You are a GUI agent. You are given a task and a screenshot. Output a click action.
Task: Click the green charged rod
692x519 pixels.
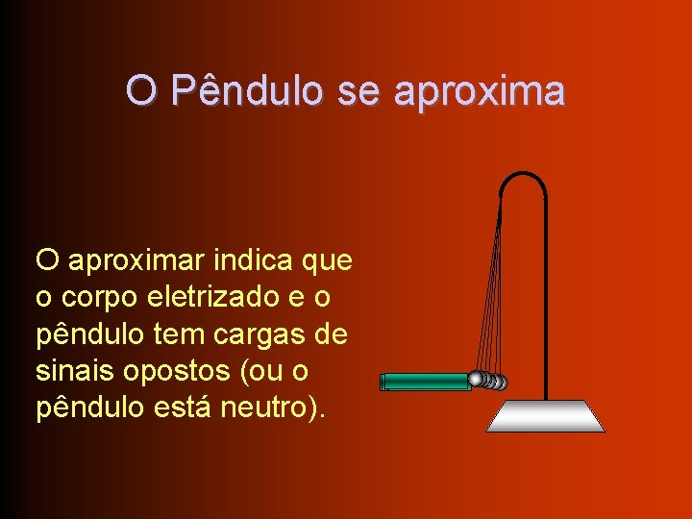(x=425, y=382)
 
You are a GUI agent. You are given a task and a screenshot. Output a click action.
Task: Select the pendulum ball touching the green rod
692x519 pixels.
(x=477, y=380)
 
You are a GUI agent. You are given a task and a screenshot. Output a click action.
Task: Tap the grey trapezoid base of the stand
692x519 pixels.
(x=545, y=416)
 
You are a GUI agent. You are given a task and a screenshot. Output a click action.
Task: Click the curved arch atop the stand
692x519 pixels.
(x=524, y=179)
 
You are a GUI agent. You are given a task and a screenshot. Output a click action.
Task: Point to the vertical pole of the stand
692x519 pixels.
(x=546, y=308)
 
